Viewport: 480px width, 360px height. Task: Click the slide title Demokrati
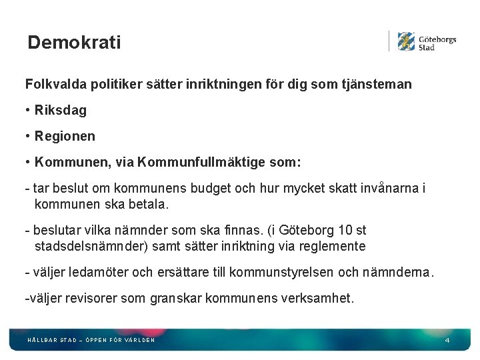coord(74,43)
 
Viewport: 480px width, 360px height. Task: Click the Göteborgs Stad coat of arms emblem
coord(406,41)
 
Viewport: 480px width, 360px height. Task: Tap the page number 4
coord(447,341)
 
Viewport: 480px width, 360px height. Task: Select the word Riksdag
coord(61,110)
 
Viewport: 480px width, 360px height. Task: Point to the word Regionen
coord(65,136)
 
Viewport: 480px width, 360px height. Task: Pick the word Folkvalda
coord(51,85)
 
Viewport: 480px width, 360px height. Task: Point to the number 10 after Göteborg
coord(345,230)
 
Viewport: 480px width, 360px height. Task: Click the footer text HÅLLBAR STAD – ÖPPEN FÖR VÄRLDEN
coord(91,340)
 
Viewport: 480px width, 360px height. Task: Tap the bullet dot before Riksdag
coord(28,110)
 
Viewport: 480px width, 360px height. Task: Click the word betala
coord(149,205)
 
